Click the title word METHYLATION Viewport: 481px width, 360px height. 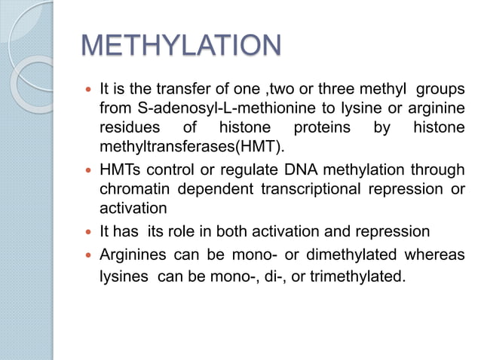point(180,47)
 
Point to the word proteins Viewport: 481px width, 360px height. point(322,127)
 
